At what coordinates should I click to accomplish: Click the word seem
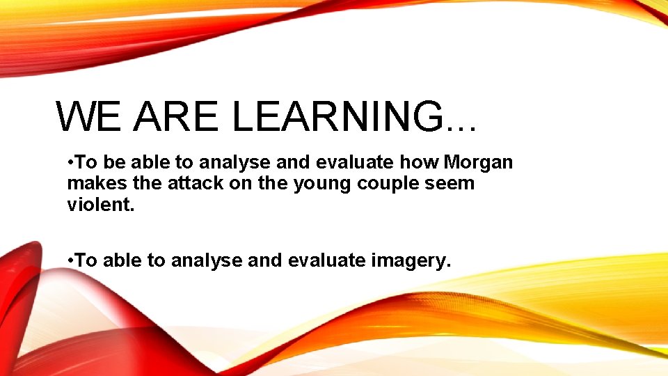(443, 185)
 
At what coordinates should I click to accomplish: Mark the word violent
(97, 205)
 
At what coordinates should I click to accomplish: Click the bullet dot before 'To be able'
(70, 163)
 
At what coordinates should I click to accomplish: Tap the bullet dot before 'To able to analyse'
(70, 260)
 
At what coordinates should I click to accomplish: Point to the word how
(419, 162)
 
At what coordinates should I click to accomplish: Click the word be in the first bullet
(113, 162)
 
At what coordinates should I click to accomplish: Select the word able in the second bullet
(125, 260)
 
